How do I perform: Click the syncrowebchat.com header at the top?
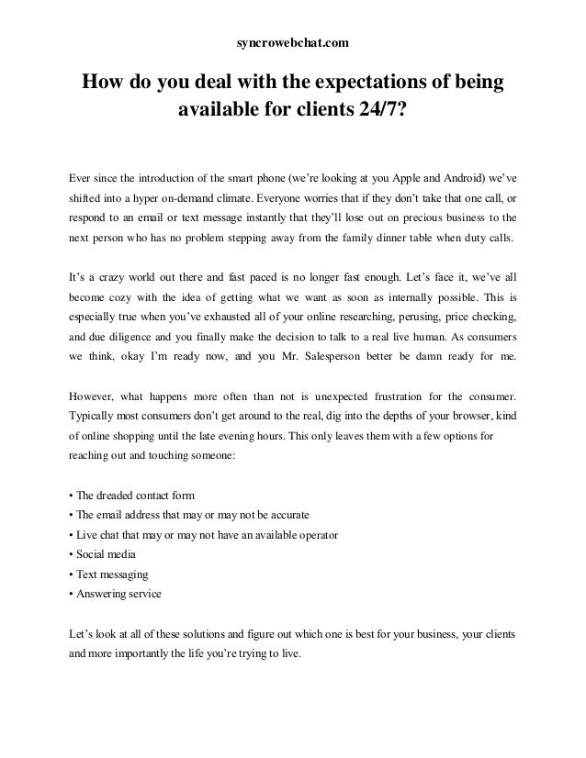coord(293,42)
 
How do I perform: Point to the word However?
coord(95,396)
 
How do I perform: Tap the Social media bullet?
coord(103,554)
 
